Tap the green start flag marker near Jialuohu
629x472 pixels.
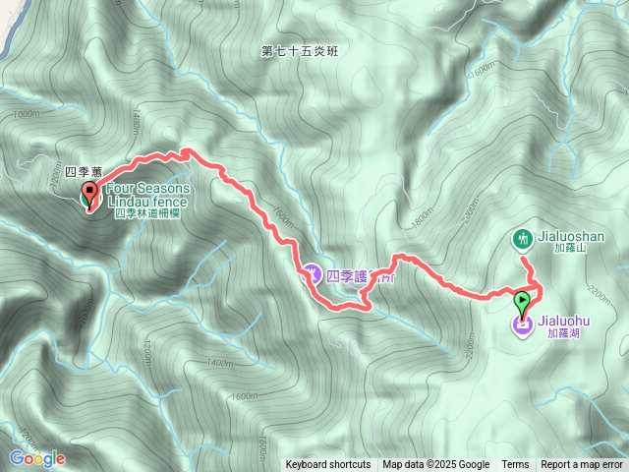(x=522, y=300)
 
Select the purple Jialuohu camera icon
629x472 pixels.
(x=522, y=324)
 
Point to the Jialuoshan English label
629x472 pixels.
(x=570, y=237)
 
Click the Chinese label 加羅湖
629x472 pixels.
(x=558, y=333)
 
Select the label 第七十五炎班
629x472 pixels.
(x=300, y=51)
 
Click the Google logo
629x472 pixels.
(x=36, y=458)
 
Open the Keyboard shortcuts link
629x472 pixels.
(x=328, y=465)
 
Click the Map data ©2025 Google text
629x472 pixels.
(x=436, y=465)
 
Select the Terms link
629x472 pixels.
(x=515, y=465)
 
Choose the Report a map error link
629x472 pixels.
(x=582, y=465)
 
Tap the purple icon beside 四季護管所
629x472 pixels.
(x=312, y=273)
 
